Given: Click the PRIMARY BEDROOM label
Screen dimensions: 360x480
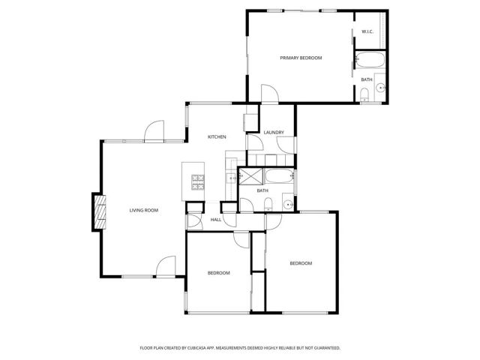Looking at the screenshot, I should coord(301,58).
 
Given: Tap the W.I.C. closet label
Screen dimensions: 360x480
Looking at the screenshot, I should coord(367,31).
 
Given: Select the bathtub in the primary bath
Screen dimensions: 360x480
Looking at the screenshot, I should coord(369,61).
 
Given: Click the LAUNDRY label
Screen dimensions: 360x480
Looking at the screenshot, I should coord(274,133).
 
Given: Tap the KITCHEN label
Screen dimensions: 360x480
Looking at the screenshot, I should coord(217,136).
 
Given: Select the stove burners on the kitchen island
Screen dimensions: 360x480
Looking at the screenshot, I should coord(198,181).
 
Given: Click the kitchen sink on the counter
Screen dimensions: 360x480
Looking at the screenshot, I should coord(231,178).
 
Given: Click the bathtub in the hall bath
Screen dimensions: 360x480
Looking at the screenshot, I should coord(280,178).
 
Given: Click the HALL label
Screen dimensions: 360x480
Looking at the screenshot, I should coord(216,220).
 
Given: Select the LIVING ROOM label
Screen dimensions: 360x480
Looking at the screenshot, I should coord(143,210).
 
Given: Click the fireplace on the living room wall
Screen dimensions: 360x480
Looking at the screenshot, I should coord(97,211).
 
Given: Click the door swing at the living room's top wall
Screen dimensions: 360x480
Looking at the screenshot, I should coord(154,131).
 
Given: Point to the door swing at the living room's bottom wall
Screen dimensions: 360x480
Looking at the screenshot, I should coord(166,266).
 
